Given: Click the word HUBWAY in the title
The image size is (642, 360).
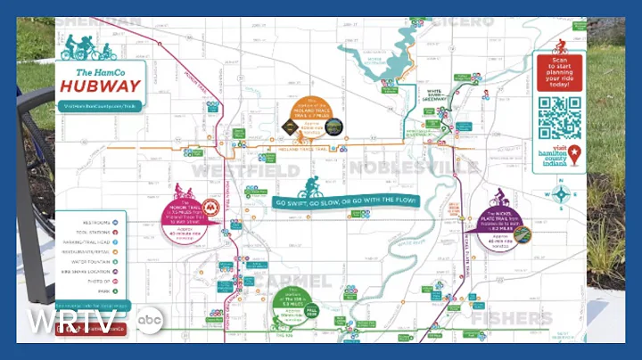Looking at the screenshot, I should (x=101, y=86).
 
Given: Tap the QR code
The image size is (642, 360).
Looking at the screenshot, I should (x=559, y=118).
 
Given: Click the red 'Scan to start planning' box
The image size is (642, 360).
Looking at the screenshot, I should (x=560, y=71).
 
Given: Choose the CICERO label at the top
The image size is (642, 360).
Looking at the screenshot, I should (x=463, y=20).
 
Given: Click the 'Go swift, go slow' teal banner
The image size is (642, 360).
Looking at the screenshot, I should (x=345, y=201).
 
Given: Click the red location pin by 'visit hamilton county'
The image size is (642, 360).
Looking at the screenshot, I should (x=575, y=153).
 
